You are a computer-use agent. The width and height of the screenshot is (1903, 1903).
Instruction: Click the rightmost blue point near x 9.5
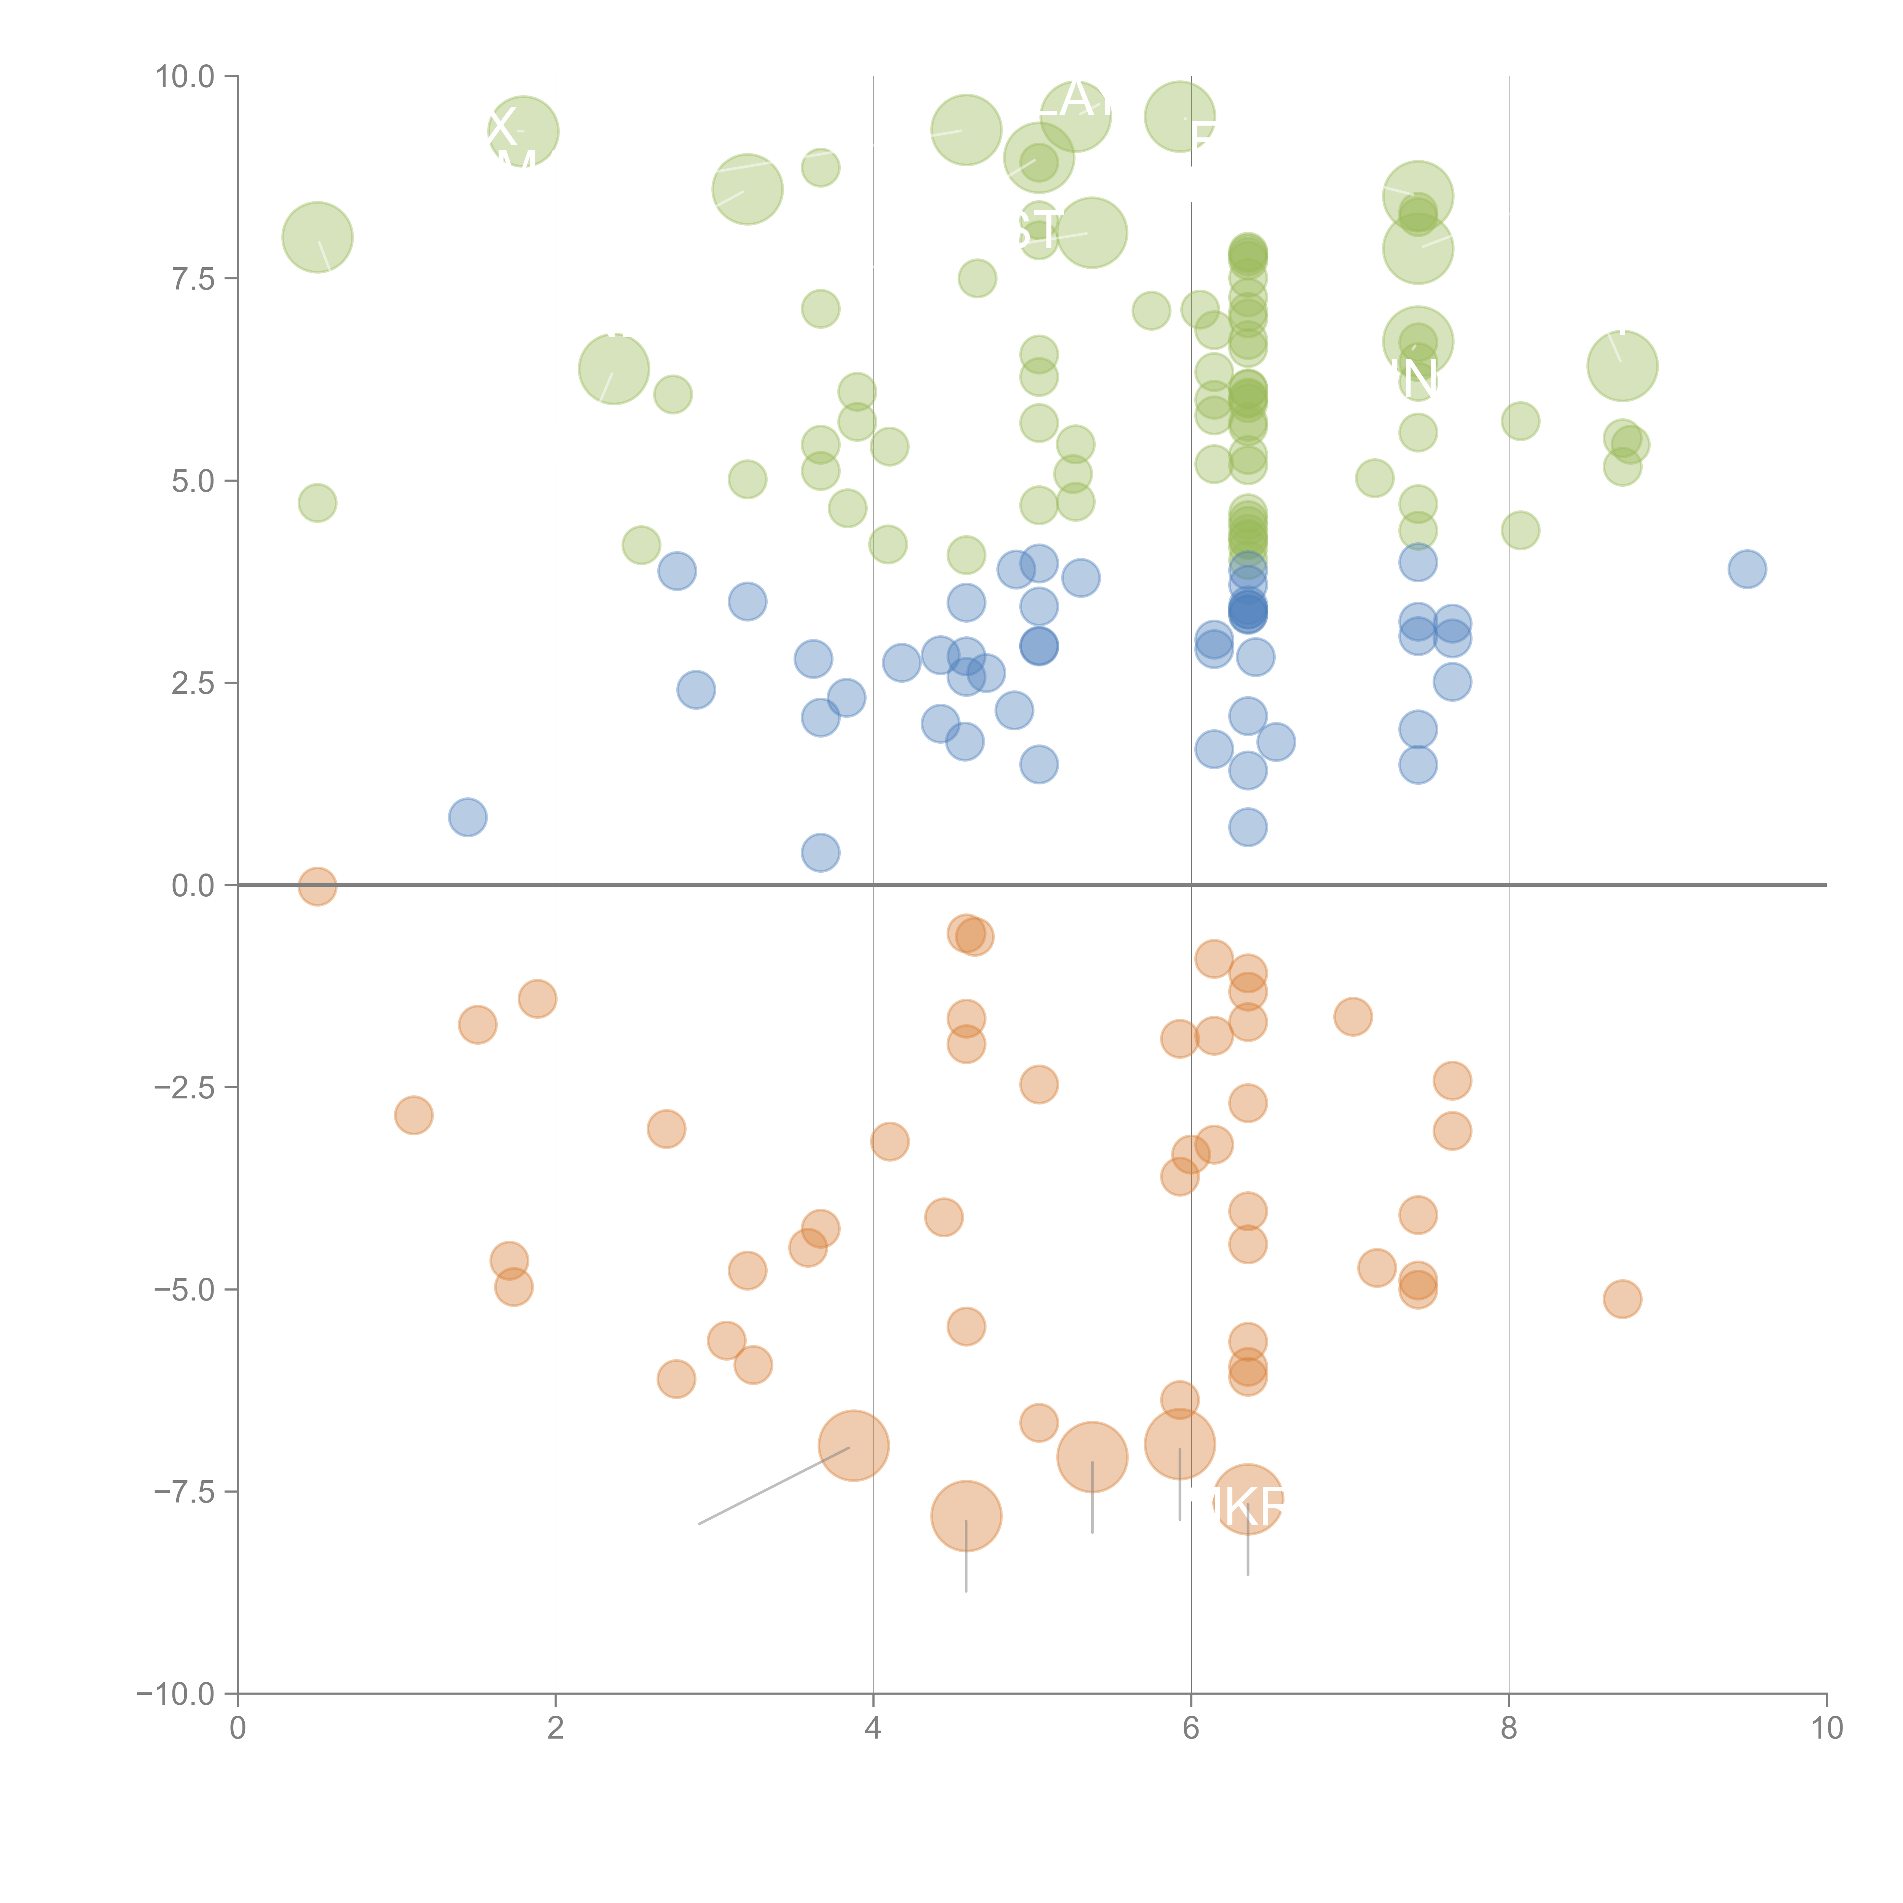pyautogui.click(x=1747, y=568)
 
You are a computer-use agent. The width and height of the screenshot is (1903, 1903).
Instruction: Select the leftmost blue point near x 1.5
pyautogui.click(x=468, y=816)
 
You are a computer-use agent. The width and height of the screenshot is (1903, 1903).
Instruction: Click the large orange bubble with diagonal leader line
pyautogui.click(x=854, y=1445)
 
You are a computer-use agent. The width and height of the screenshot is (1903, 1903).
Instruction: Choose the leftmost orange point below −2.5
pyautogui.click(x=414, y=1115)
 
